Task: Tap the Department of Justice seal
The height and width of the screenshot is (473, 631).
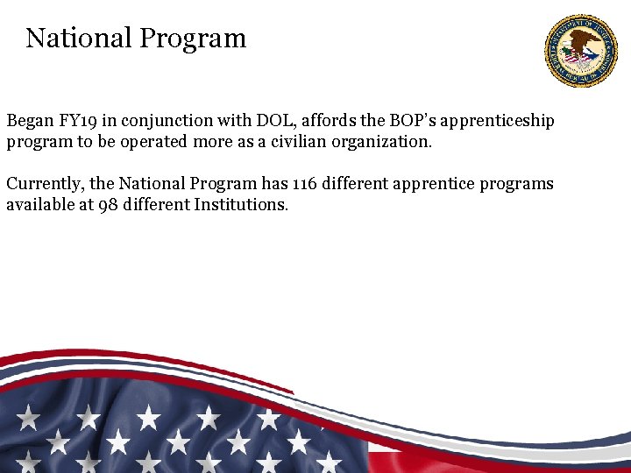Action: (580, 51)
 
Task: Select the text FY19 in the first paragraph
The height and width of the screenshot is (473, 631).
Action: (76, 120)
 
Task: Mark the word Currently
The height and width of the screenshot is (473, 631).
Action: (43, 184)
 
